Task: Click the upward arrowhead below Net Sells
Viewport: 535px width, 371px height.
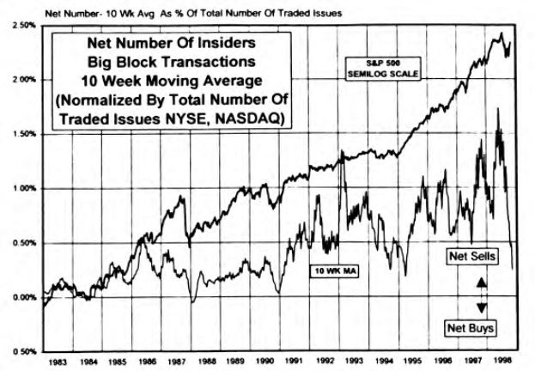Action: click(482, 281)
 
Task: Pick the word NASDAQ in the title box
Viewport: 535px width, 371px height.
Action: click(250, 116)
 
